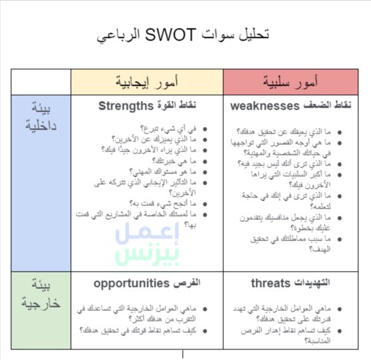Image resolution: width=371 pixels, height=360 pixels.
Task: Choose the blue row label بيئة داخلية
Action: point(41,117)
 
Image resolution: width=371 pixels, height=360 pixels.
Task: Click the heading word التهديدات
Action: point(314,283)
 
